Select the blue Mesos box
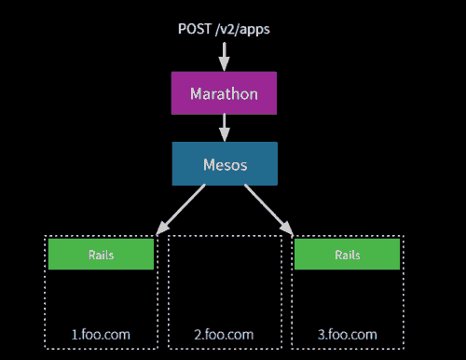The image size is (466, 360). [x=224, y=163]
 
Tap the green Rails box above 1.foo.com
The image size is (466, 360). [x=101, y=254]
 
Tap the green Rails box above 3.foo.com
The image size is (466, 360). [x=347, y=254]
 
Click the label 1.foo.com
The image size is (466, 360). [x=101, y=334]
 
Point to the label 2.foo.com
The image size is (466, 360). [x=224, y=334]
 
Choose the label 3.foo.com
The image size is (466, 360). [x=347, y=334]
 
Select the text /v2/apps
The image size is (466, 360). [x=245, y=29]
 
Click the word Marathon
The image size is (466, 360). [x=224, y=93]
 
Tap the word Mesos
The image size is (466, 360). [x=224, y=164]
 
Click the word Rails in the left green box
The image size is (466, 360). [x=101, y=254]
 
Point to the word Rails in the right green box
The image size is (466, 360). [x=347, y=254]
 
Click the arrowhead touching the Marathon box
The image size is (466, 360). [x=224, y=64]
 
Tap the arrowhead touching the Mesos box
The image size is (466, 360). [x=224, y=135]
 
